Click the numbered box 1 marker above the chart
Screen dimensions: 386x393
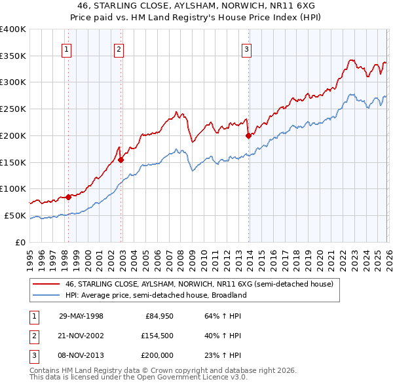point(67,48)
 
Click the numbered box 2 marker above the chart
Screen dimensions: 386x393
point(119,48)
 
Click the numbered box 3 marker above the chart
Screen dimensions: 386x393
point(247,48)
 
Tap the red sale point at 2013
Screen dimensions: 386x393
point(248,136)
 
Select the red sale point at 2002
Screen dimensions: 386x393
point(121,158)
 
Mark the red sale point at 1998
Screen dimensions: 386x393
point(69,196)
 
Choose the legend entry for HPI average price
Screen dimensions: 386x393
point(155,295)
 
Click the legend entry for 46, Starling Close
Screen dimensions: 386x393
point(199,284)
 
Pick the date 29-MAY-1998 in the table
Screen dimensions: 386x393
point(81,316)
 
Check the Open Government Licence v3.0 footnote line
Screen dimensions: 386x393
point(138,377)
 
